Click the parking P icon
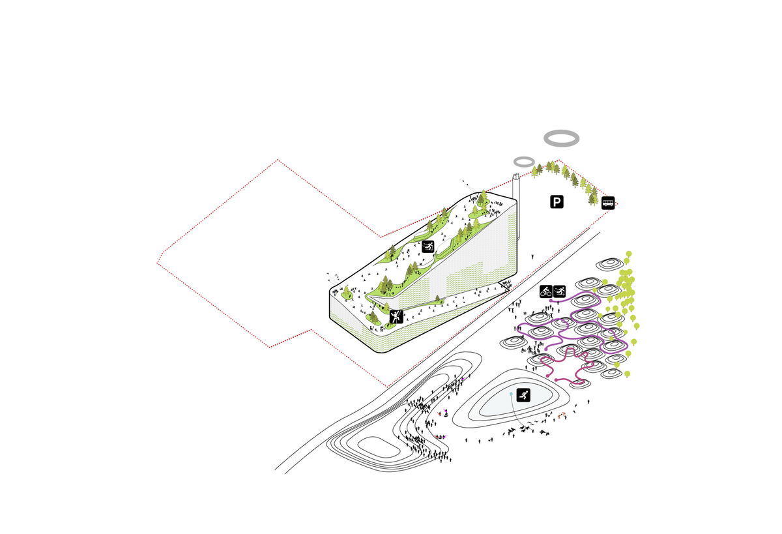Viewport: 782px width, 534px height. (556, 202)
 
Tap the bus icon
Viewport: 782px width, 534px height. (607, 203)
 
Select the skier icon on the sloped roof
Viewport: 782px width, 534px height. (429, 246)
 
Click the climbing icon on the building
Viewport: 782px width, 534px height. (396, 317)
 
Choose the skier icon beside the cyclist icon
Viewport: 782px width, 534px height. (559, 291)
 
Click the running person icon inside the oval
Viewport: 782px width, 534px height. (523, 394)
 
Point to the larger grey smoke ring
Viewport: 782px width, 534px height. (561, 137)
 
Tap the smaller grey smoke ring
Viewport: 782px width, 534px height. (524, 161)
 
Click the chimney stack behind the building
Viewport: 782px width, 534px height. (517, 189)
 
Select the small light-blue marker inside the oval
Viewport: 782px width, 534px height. (510, 394)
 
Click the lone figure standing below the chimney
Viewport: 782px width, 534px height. (532, 256)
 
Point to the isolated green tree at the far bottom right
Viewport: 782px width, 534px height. (628, 374)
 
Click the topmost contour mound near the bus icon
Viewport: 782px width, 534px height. (610, 264)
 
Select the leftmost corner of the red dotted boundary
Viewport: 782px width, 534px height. (158, 263)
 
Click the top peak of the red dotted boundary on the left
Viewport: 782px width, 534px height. (278, 159)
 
